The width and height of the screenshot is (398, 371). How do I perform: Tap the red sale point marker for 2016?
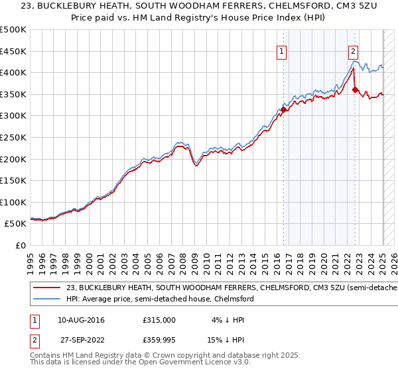tap(283, 109)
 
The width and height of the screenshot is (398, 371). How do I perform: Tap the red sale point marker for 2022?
tap(356, 89)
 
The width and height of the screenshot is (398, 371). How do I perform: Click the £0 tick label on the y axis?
tap(21, 245)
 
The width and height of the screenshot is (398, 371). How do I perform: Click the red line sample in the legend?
tap(46, 288)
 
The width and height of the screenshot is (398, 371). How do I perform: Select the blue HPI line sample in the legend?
tap(46, 299)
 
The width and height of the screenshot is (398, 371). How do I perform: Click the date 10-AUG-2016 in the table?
tap(81, 319)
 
